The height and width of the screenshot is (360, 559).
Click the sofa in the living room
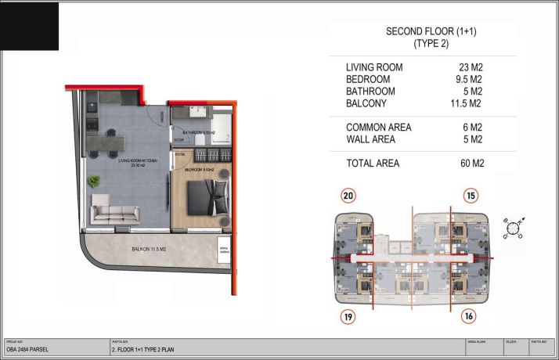tap(115, 211)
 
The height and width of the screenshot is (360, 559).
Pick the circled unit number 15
tap(470, 197)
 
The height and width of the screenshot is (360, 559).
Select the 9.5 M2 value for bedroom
tap(469, 80)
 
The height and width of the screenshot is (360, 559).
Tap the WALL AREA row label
tap(371, 139)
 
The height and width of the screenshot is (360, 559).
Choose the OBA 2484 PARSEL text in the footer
tap(27, 349)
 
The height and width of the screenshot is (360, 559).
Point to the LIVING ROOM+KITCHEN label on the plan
tap(138, 160)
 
